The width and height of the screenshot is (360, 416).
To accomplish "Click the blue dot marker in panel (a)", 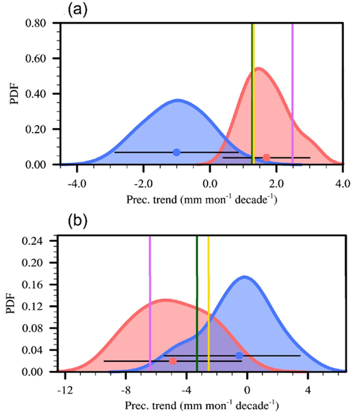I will click(177, 152).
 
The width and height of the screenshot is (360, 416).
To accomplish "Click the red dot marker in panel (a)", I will click(266, 158).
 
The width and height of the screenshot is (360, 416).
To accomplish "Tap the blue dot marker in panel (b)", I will click(239, 356).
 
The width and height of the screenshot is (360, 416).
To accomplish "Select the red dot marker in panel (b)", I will click(173, 361).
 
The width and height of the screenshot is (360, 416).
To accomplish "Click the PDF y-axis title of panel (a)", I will click(12, 95).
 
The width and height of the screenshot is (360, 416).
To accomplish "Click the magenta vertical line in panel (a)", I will click(292, 83).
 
